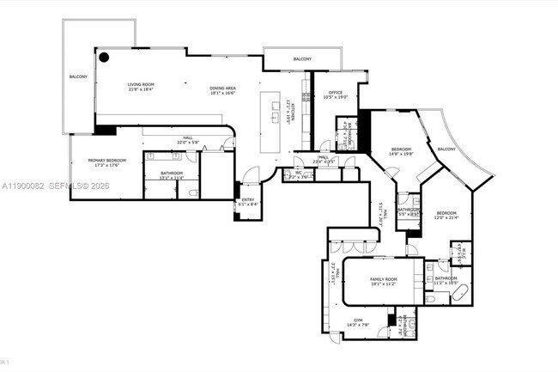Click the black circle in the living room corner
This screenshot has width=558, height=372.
point(103,58)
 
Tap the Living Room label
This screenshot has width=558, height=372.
point(141,84)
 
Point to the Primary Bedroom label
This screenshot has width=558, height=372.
point(106,160)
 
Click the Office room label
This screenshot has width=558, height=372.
point(335,93)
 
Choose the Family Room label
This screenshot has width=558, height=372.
point(383,280)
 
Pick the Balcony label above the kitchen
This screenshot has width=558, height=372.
point(302,58)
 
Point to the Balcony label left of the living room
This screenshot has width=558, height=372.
point(78,77)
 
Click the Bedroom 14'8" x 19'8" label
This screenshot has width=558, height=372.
point(402,149)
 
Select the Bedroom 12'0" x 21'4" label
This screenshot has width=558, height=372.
point(446,213)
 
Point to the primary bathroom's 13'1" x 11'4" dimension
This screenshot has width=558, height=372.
point(173,179)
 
